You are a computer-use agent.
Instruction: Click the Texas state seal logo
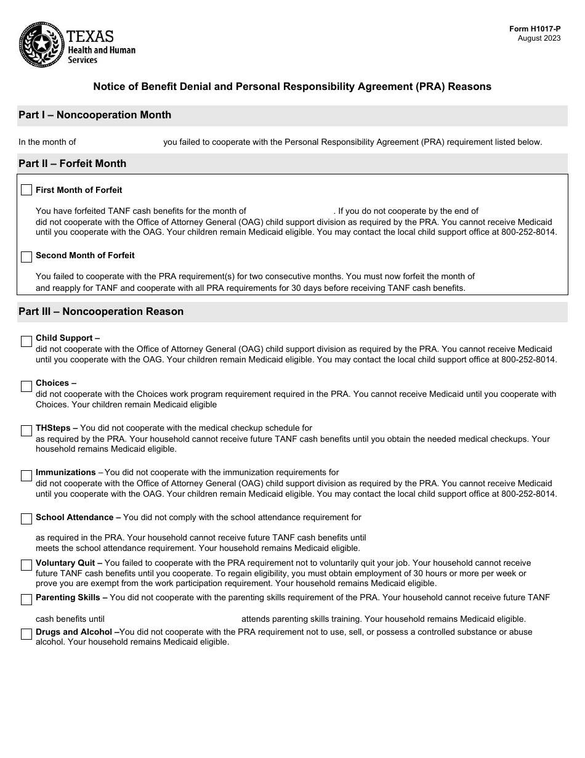(x=41, y=44)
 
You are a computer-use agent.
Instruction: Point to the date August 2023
(x=539, y=38)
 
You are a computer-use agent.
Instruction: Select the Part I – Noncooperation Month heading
(x=95, y=115)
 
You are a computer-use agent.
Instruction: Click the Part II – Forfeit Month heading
(x=72, y=164)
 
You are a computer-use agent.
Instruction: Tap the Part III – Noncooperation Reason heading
(x=101, y=312)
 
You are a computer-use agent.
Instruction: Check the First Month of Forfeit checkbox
(x=26, y=190)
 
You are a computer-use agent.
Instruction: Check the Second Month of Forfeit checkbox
(x=26, y=256)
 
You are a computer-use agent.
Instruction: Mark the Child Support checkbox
(x=26, y=341)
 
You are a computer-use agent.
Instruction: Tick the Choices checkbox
(x=26, y=386)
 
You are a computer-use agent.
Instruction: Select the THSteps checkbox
(x=26, y=431)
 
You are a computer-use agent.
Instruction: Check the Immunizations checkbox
(x=26, y=476)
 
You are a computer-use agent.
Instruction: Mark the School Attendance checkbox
(x=26, y=519)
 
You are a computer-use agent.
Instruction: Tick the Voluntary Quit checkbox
(x=26, y=565)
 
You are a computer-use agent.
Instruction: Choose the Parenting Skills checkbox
(x=26, y=600)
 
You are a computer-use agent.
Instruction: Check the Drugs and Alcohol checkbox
(x=26, y=634)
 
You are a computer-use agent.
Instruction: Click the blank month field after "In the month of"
(x=119, y=142)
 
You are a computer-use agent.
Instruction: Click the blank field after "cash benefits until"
(x=172, y=619)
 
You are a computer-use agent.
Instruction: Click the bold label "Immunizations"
(x=65, y=473)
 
